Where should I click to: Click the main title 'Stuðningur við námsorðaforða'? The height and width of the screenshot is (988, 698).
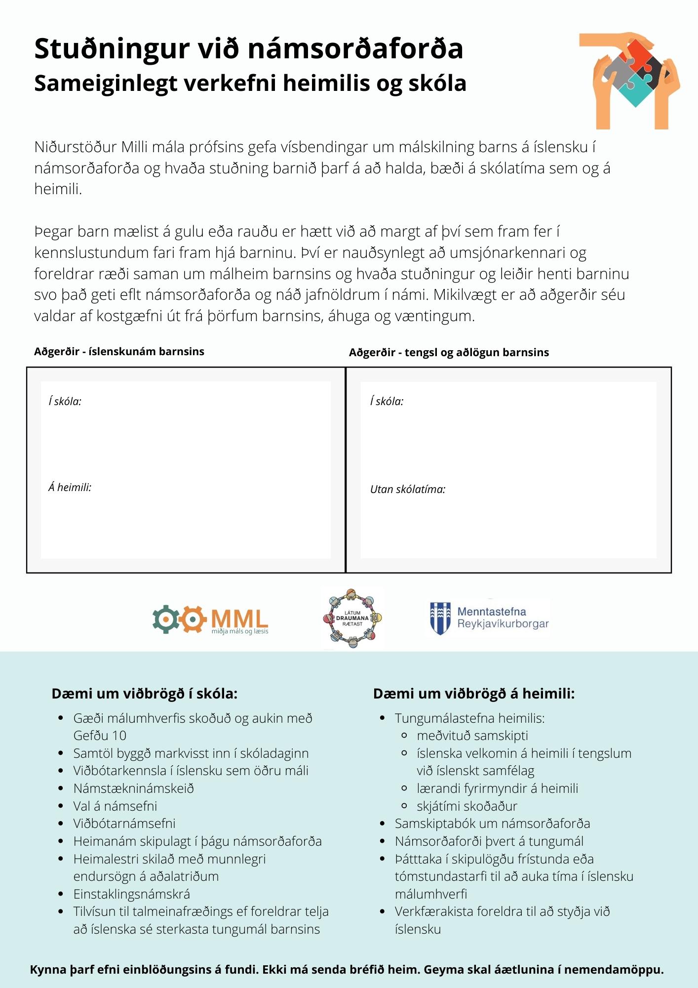coord(248,49)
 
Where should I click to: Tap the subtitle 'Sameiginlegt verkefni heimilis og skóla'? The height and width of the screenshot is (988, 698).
coord(250,83)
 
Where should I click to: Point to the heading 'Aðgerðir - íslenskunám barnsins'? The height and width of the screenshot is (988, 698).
coord(119,352)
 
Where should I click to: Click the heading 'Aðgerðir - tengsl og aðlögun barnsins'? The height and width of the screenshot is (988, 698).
coord(448,352)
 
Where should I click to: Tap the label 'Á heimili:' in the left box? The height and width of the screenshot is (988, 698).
coord(70,488)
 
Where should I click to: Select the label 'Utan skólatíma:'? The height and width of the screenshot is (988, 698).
coord(407,490)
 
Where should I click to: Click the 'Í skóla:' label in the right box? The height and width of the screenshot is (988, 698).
coord(387,402)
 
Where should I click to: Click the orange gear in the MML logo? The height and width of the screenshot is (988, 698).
coord(192,619)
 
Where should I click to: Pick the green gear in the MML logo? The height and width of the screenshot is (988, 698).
coord(165,619)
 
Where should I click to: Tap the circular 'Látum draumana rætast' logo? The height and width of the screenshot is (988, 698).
coord(352,618)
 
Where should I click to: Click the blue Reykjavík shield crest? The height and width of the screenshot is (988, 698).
coord(440,618)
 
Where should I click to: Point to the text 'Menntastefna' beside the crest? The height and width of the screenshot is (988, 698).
coord(491,612)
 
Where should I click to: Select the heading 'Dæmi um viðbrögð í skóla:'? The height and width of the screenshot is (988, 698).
coord(144,694)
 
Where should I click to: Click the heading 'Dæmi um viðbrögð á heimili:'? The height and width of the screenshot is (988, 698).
coord(473,694)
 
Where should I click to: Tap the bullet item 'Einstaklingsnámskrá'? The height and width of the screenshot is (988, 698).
coord(131,894)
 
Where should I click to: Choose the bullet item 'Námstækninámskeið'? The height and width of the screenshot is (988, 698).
coord(133,788)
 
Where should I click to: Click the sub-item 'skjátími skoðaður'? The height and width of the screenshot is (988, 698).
coord(466,806)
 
